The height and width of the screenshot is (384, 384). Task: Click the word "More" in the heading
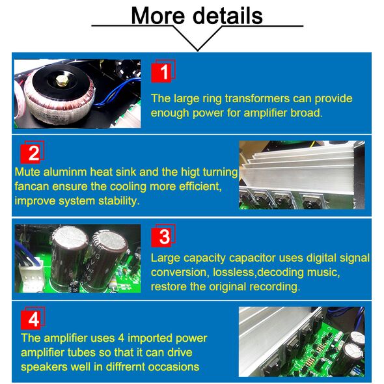point(158,16)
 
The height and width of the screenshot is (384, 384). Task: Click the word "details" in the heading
point(228,15)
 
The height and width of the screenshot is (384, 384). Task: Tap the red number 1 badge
point(163,71)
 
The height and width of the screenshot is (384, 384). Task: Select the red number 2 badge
point(33,152)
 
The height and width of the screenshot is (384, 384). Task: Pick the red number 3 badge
point(163,236)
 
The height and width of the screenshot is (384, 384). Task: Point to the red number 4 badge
point(33,318)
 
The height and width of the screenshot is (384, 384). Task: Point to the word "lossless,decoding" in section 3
point(258,272)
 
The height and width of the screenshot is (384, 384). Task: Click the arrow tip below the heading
point(197,51)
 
